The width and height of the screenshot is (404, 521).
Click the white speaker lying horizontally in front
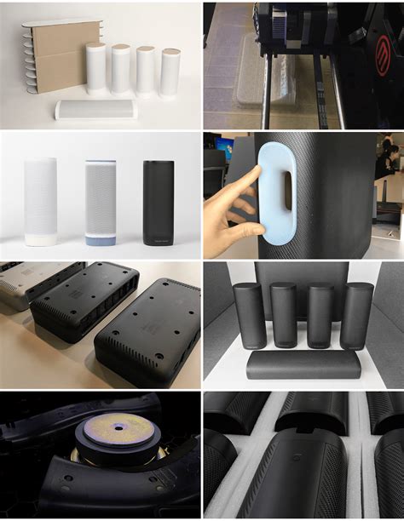point(95,109)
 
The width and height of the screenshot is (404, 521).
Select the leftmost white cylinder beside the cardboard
point(95,68)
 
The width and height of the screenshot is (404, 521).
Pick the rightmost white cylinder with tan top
point(170,72)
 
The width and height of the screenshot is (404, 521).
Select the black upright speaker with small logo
point(158,203)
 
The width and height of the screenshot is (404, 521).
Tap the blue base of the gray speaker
point(101,239)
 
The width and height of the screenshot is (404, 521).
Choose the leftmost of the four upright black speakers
point(249,315)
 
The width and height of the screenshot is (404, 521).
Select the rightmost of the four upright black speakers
point(356,316)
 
